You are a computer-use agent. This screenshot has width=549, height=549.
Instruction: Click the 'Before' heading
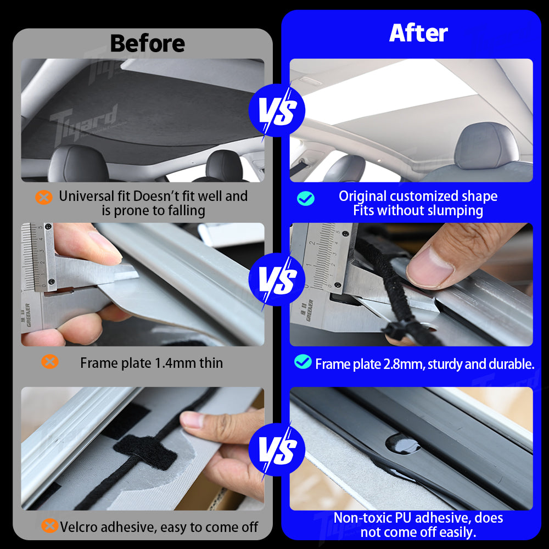(x=147, y=43)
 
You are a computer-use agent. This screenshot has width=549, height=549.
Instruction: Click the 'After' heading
(x=418, y=33)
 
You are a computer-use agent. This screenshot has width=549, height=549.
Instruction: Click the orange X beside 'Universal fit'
(x=44, y=197)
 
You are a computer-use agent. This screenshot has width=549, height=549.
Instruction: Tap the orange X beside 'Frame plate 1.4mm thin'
(x=50, y=361)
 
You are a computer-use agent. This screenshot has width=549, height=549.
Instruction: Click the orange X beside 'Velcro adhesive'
(x=49, y=526)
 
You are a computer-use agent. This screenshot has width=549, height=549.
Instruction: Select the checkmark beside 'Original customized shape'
(x=306, y=198)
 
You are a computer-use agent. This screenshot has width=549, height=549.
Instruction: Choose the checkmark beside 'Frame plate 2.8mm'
(x=302, y=361)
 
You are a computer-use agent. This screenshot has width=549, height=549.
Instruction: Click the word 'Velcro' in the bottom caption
(x=80, y=528)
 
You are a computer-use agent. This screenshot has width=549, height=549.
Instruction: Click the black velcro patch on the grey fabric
(x=144, y=447)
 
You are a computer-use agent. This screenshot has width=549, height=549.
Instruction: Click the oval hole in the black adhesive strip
(x=404, y=444)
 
